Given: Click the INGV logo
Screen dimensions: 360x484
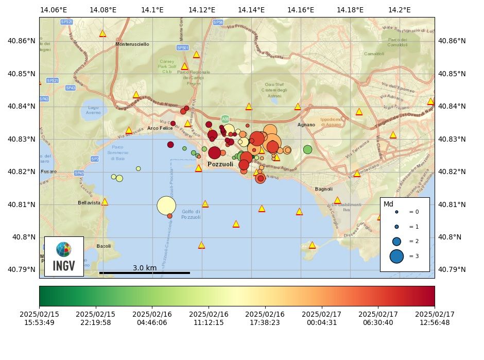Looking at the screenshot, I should pos(64,256).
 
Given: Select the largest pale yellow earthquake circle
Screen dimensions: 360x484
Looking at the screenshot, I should pos(166,205).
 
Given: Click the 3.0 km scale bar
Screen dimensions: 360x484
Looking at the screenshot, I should pos(145,272).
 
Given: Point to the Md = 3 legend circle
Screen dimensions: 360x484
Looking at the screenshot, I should pos(396,256).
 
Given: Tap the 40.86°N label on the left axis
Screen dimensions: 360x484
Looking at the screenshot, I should pos(21,41).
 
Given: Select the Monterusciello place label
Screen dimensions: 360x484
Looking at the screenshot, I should pos(132,44).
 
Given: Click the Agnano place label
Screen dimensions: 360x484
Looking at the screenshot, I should pos(306,125).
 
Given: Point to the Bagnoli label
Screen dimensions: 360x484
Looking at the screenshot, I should pos(324,189).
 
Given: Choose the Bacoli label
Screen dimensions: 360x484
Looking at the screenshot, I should pos(103,246).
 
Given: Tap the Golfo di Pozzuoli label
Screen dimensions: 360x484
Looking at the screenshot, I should pos(191,214).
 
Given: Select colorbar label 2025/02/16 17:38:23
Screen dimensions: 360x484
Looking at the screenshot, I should pos(265,318).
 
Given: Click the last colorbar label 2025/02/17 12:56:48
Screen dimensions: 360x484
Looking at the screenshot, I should pos(435,318).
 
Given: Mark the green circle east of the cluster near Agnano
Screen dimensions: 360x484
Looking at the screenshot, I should pos(307,149).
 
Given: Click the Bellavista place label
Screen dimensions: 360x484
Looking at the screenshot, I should pos(89,203).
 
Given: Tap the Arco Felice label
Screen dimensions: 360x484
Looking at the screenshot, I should pos(160,128).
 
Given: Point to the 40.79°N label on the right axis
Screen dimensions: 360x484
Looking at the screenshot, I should pos(452,269).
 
